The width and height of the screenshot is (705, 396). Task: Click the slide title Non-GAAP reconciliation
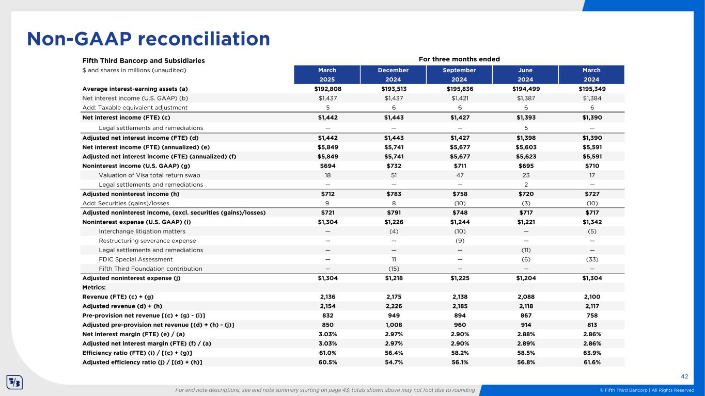pos(149,39)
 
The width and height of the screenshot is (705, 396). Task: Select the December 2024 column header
pos(394,75)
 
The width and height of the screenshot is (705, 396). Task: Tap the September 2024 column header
pos(459,75)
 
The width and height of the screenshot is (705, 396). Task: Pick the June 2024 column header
pos(525,75)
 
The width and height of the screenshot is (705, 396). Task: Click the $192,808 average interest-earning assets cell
pos(327,89)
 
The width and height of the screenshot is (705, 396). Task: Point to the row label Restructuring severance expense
pos(147,241)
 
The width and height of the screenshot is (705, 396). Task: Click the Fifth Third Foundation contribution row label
pos(150,269)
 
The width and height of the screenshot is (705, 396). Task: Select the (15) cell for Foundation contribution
pos(394,269)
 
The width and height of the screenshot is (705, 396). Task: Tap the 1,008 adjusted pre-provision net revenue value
pos(394,324)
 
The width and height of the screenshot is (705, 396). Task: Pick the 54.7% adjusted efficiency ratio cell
pos(394,362)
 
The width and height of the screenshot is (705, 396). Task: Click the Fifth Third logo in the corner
pos(14,383)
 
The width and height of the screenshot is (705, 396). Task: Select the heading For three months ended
pos(459,59)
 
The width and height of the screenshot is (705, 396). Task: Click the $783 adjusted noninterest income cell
pos(394,194)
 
